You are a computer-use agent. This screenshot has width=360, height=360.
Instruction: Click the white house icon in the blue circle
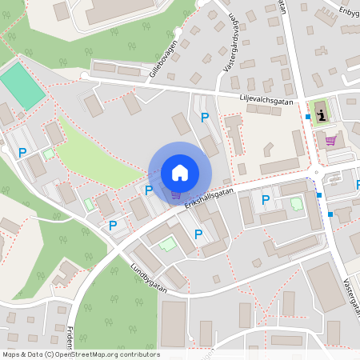click(x=180, y=172)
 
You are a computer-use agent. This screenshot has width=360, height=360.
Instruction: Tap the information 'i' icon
click(x=322, y=115)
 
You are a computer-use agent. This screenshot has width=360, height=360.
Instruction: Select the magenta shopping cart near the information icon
click(x=330, y=141)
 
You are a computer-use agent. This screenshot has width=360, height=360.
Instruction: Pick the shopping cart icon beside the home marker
click(x=175, y=194)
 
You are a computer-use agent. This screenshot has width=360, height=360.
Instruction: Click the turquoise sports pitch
click(x=22, y=86)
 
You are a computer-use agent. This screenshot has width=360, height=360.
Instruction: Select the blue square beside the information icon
click(x=308, y=117)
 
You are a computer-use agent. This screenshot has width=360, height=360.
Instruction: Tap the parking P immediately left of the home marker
click(x=149, y=190)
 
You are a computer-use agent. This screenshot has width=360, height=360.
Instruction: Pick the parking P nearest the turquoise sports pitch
click(x=22, y=152)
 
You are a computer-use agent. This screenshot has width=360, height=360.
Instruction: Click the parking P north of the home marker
click(x=205, y=118)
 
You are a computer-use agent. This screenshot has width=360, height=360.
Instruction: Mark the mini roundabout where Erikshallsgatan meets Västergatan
click(x=316, y=171)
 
